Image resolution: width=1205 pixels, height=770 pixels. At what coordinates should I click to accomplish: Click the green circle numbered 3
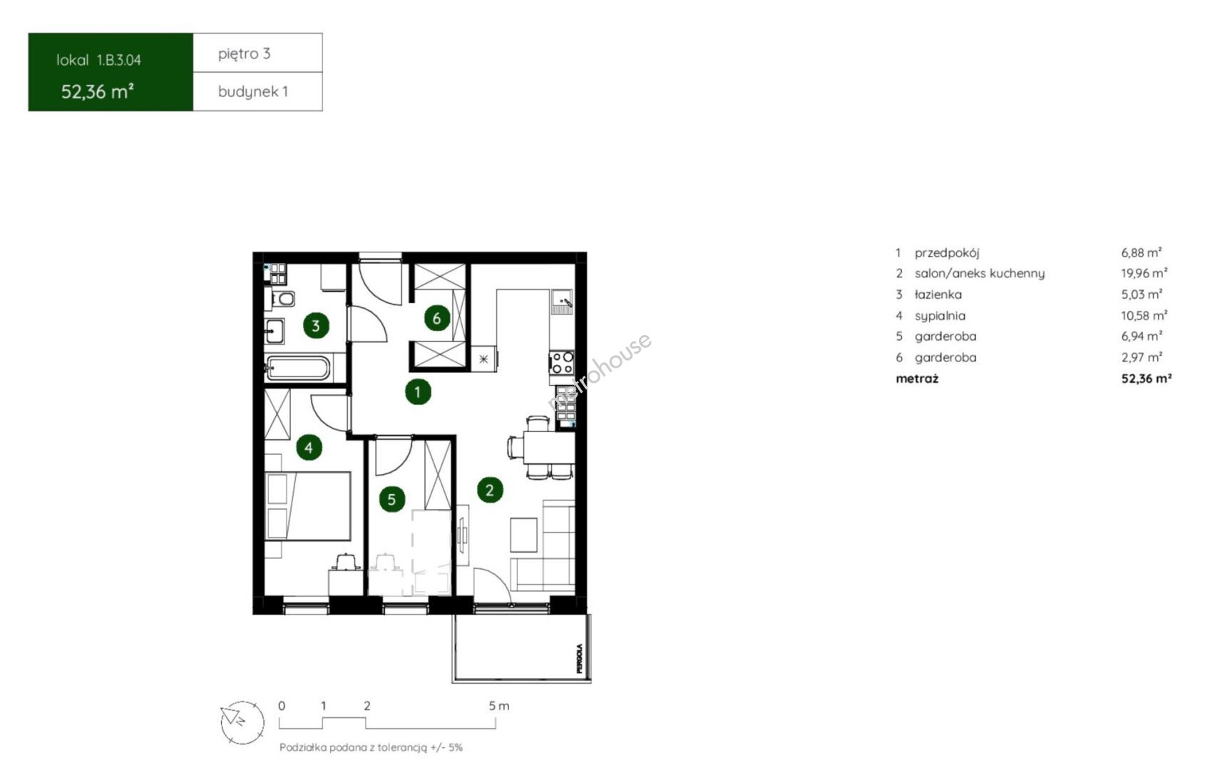316,326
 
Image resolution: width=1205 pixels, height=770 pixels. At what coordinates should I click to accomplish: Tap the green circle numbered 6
437,319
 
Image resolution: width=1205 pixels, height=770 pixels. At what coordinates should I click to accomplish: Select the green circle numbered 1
418,391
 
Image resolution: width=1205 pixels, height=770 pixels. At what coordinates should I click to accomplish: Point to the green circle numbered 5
391,499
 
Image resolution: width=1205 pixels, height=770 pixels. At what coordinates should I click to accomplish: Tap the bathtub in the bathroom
297,369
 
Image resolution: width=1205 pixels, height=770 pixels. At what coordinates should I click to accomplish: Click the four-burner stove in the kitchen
562,363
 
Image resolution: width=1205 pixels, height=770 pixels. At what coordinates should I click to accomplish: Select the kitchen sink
562,302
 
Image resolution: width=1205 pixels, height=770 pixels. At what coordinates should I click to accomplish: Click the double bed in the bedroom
308,505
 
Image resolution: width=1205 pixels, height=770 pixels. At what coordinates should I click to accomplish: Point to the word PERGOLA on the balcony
580,658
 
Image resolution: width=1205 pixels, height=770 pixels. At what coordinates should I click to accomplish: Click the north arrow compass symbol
242,722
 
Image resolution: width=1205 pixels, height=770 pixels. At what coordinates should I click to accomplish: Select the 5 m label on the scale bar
498,705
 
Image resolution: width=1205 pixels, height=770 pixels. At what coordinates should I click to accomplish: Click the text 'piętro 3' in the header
245,53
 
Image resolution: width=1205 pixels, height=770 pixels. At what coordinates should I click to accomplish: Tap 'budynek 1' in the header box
253,91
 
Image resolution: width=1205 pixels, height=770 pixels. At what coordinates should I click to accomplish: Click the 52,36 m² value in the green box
98,91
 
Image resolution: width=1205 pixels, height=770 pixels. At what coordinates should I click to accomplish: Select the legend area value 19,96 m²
1144,273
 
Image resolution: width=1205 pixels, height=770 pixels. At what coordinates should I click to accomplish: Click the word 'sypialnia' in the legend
940,316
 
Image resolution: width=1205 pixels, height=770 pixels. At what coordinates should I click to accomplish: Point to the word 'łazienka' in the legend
938,294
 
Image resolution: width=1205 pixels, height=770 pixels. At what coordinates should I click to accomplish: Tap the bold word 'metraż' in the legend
917,379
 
